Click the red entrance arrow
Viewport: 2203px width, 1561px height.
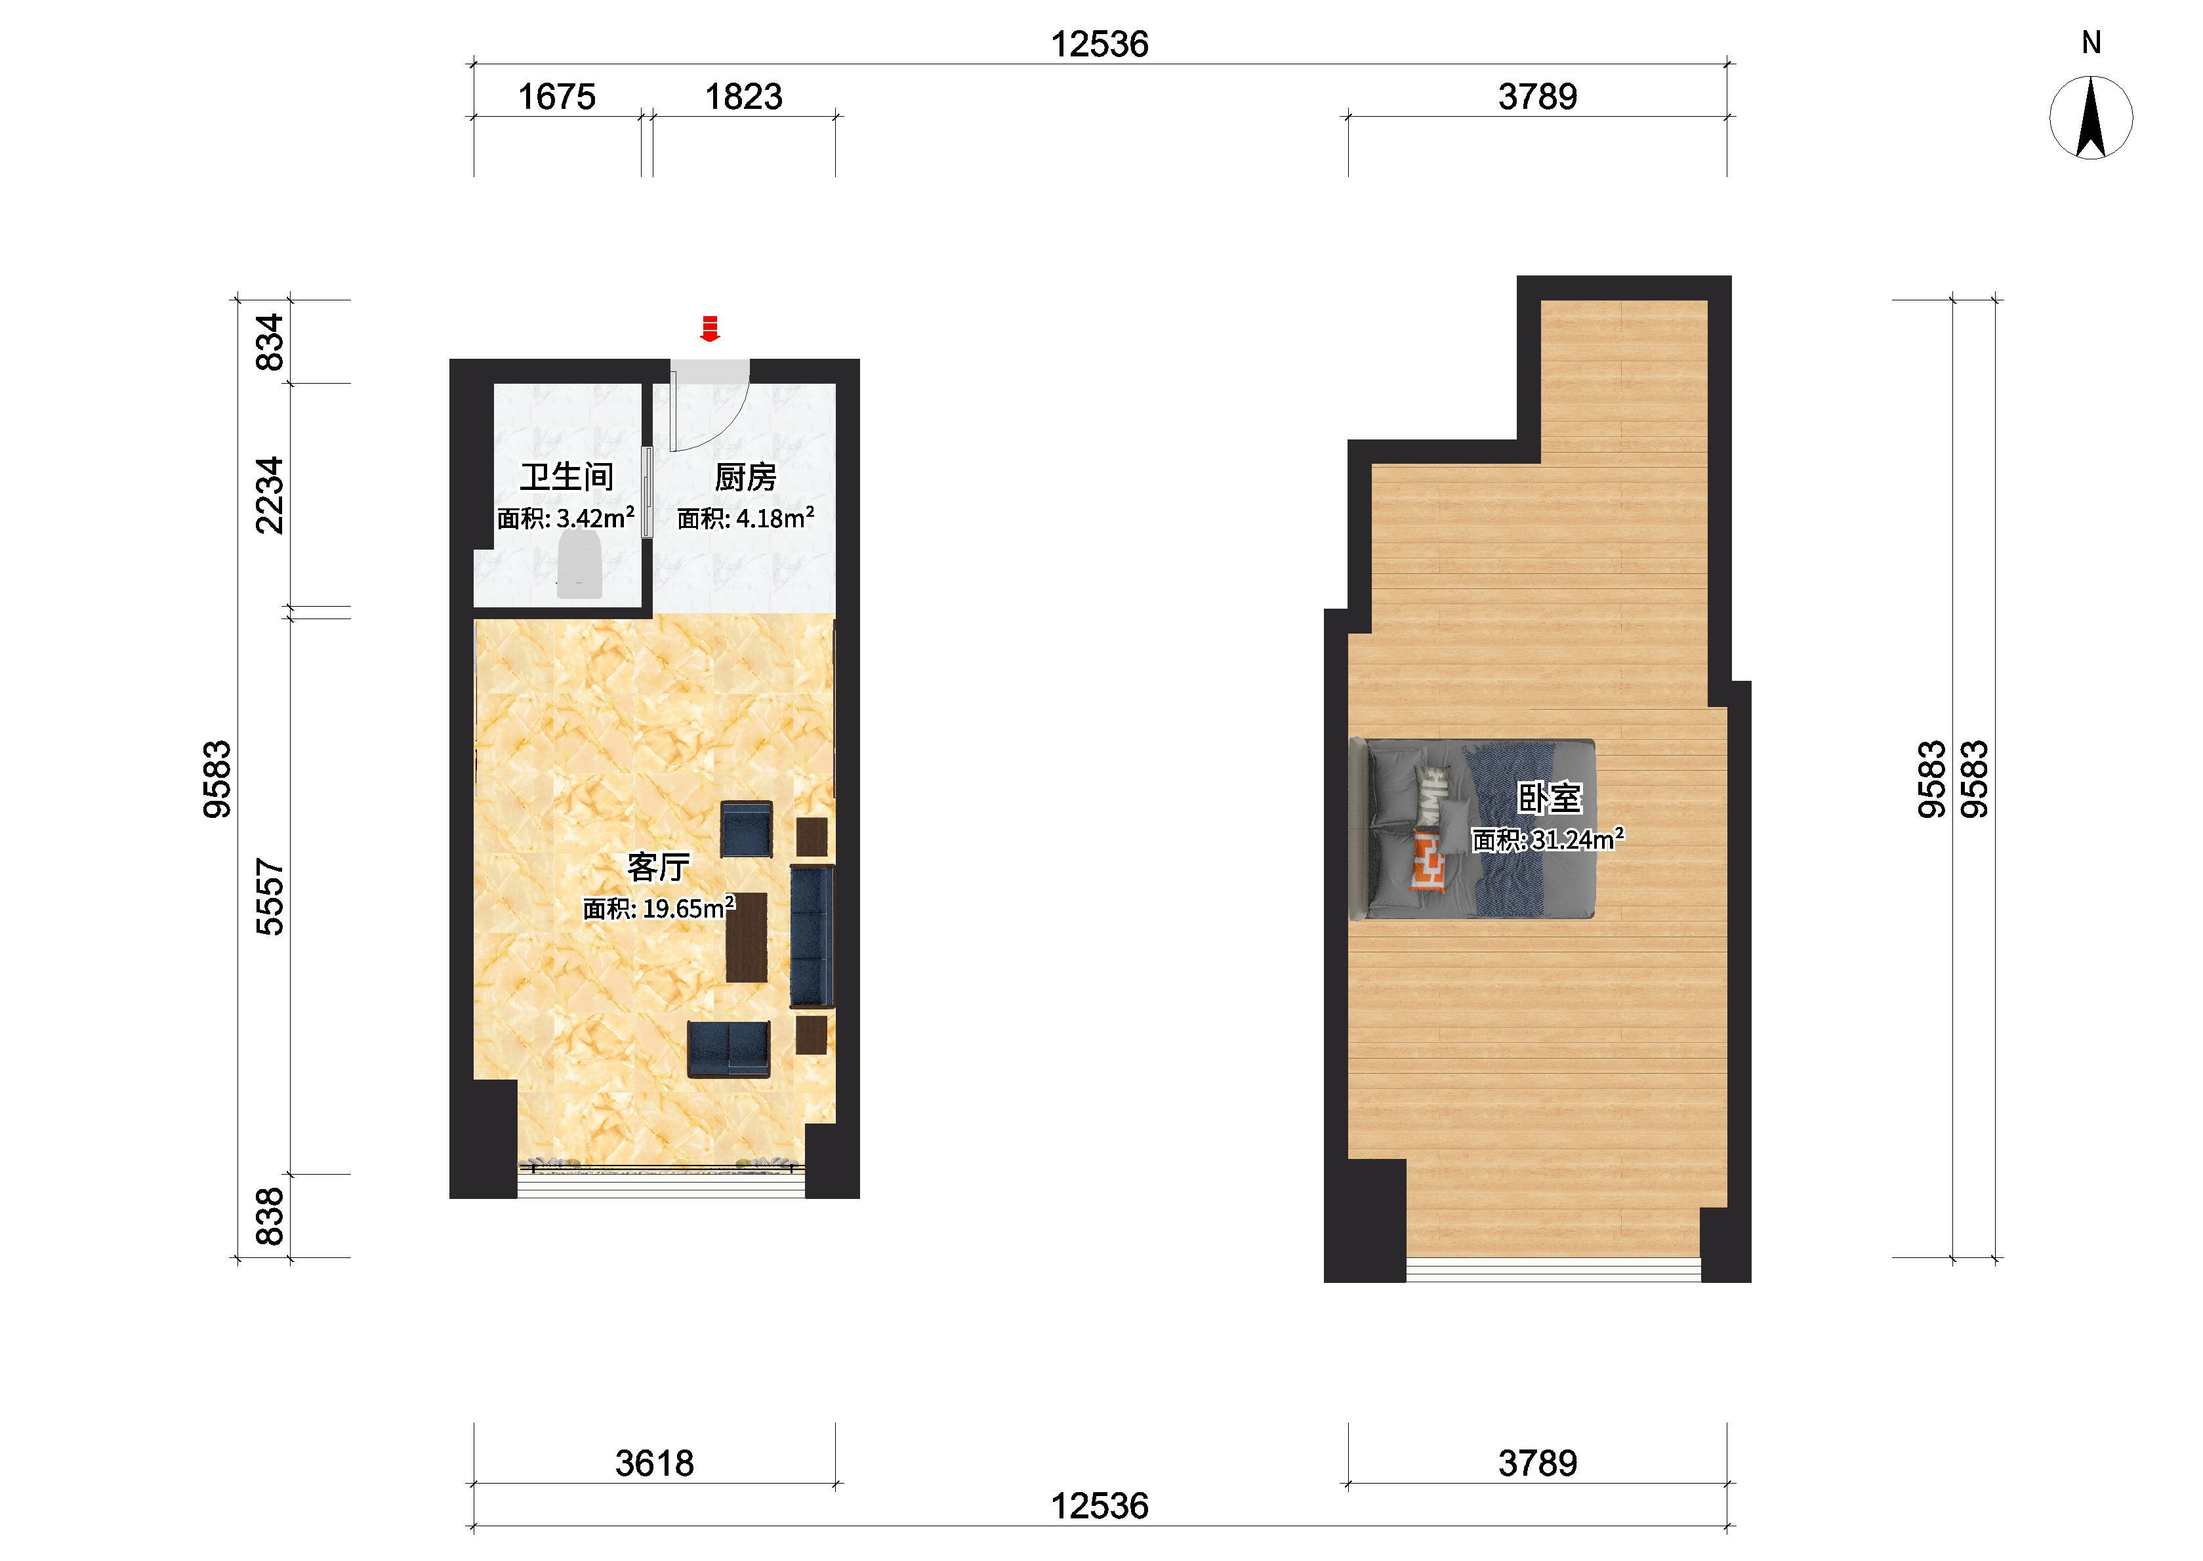[x=709, y=328]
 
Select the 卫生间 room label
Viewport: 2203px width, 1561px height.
[x=566, y=477]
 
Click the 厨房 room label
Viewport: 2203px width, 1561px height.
[x=745, y=477]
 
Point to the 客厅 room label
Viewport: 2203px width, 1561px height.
[x=659, y=867]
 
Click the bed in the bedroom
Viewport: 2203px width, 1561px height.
[x=1473, y=828]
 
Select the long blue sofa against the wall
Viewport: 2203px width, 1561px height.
[x=812, y=936]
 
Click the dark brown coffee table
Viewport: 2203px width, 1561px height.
[x=746, y=937]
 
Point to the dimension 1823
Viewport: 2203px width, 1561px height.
[x=743, y=96]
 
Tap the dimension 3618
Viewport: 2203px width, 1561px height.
[x=655, y=1463]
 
